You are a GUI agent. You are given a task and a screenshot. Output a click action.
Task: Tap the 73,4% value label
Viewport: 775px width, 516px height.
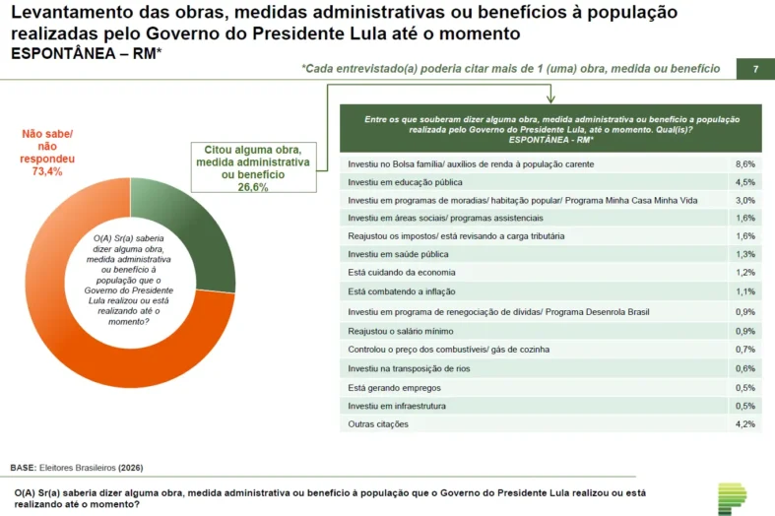47,171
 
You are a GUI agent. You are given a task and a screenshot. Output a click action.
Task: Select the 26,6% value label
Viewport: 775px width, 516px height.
253,187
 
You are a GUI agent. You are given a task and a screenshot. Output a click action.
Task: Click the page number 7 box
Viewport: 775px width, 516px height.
755,69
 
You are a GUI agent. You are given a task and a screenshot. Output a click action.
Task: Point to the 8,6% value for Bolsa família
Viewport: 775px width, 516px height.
745,163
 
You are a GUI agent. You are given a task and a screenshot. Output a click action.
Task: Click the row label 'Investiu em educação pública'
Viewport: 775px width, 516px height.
405,182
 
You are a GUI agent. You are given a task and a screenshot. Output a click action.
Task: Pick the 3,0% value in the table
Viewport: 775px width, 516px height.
745,200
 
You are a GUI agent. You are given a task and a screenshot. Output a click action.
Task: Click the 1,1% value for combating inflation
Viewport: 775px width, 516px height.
745,292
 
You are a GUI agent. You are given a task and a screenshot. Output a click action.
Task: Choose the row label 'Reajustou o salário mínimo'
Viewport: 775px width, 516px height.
401,331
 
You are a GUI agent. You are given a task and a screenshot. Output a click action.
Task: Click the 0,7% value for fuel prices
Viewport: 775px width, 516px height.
745,350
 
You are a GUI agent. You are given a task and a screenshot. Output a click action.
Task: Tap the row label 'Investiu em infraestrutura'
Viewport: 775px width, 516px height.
397,406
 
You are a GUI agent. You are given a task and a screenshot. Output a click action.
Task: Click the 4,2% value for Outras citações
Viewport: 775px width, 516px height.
745,424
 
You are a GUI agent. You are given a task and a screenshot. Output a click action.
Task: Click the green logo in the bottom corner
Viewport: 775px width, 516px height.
732,497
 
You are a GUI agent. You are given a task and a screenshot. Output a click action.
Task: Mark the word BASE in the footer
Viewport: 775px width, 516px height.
24,468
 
